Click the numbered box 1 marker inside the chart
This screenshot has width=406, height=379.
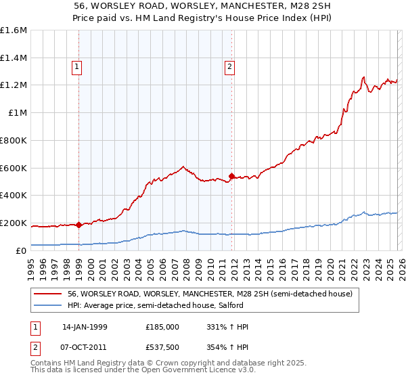point(78,66)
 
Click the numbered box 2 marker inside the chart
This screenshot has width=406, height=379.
point(230,66)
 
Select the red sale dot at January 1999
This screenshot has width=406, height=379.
point(78,225)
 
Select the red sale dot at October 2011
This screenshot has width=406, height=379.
point(231,177)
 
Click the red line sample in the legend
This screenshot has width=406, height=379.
point(48,294)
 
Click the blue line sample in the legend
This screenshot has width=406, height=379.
point(48,305)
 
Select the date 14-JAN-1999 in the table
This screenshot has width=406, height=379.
point(85,327)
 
